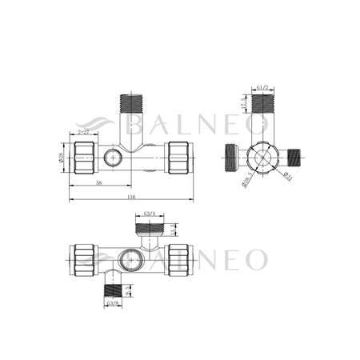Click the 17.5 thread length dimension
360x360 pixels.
point(243,102)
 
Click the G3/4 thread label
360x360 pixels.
point(150,214)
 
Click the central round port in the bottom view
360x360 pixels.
point(130,258)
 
